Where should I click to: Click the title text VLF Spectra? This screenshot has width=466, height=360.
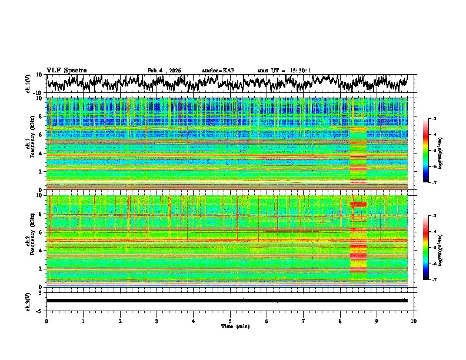[x=66, y=70]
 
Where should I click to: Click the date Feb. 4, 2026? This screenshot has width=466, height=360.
[x=164, y=71]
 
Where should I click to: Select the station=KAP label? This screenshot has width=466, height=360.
[x=218, y=71]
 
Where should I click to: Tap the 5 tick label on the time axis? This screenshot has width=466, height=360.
[x=230, y=321]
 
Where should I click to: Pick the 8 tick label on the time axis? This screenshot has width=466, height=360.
[x=340, y=321]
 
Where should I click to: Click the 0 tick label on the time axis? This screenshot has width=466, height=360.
[x=46, y=321]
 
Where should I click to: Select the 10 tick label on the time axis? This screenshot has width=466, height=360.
[x=414, y=321]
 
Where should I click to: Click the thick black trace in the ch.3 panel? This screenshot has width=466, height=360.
[x=227, y=301]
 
